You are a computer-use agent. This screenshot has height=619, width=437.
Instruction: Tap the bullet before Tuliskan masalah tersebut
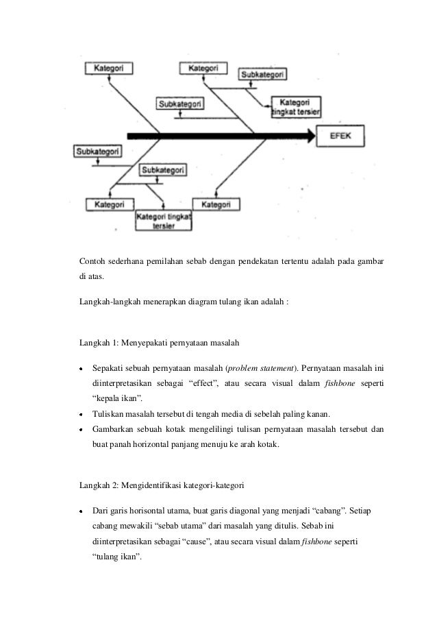(81, 414)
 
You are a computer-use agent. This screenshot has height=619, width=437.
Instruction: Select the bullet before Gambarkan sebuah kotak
(81, 429)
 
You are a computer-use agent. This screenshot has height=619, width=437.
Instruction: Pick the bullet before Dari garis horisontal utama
(81, 512)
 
